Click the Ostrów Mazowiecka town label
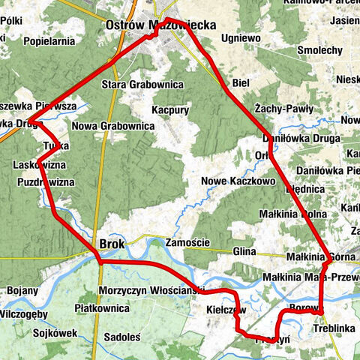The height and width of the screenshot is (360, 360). click(x=161, y=25)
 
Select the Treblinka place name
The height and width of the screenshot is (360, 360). click(x=335, y=328)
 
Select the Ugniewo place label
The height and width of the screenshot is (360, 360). click(x=238, y=36)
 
